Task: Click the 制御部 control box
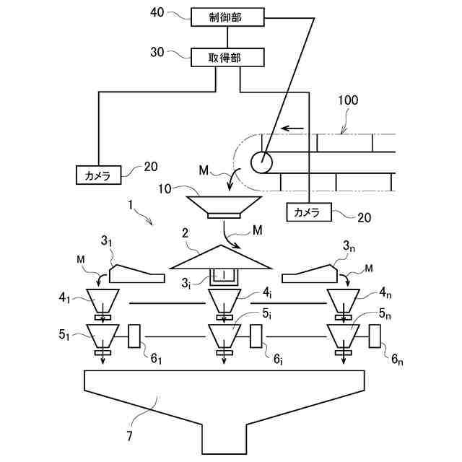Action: [227, 17]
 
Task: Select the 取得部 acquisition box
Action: [227, 58]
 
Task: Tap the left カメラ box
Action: [98, 175]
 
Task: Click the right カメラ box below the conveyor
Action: [309, 212]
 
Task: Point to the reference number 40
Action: [157, 13]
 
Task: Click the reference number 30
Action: [157, 52]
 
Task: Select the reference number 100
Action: [348, 100]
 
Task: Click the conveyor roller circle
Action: [261, 162]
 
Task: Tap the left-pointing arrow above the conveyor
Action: [292, 128]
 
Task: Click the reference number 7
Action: [130, 436]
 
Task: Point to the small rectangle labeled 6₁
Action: [134, 336]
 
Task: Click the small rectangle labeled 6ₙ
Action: [375, 336]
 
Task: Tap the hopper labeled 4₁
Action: [103, 300]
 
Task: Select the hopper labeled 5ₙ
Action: [344, 336]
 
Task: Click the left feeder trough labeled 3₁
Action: [136, 274]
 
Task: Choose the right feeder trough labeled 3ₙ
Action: [310, 274]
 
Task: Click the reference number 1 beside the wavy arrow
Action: [131, 204]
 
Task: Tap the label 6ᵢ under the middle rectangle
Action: [278, 359]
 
